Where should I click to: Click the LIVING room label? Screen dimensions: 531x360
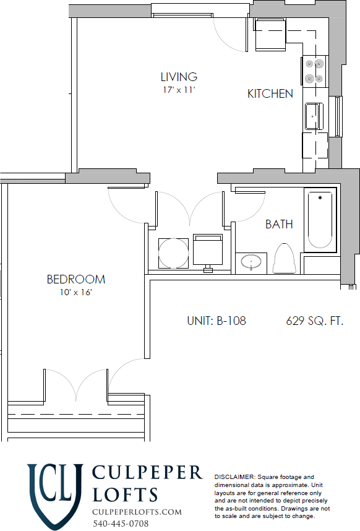179,77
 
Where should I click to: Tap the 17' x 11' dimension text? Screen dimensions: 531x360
179,90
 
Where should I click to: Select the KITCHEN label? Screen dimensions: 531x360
270,94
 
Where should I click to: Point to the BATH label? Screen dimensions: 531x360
279,224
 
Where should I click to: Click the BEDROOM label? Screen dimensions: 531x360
75,280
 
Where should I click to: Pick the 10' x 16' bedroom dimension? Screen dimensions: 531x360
75,292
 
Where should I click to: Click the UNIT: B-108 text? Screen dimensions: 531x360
216,321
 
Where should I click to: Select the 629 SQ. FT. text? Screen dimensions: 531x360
314,321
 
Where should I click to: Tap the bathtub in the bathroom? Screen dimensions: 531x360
320,220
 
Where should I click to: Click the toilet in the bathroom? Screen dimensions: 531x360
284,259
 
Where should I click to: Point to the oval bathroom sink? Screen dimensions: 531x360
251,262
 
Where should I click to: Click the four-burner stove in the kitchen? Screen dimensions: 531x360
314,71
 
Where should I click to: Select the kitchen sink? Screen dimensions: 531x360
314,115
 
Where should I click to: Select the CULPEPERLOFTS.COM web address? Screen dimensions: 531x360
137,512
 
